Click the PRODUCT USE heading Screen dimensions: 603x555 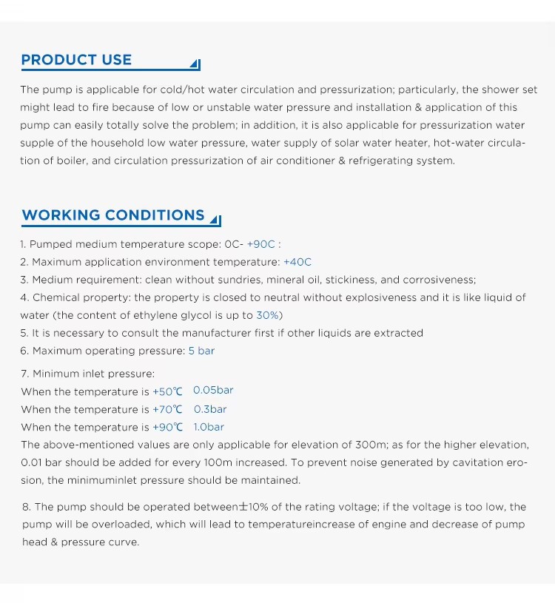(76, 60)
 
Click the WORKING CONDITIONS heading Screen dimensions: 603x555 (113, 215)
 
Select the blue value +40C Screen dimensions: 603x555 (297, 262)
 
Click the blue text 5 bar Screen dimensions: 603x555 (201, 351)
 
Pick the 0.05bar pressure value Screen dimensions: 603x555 (213, 390)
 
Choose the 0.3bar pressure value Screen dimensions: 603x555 (210, 409)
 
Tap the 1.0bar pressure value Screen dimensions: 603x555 (209, 427)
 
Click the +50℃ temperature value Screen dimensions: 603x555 (167, 391)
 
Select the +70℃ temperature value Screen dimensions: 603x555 (167, 409)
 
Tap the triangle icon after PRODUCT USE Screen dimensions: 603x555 (195, 64)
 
